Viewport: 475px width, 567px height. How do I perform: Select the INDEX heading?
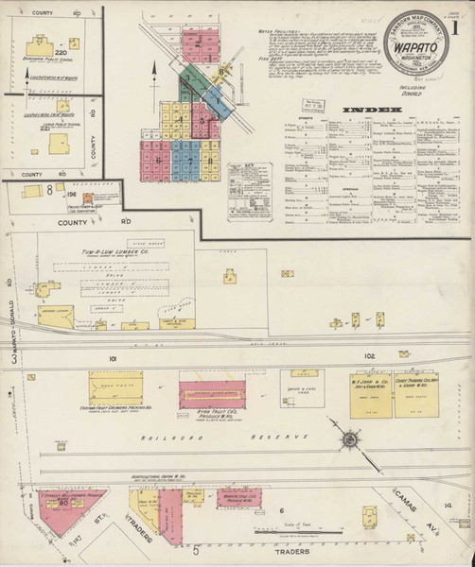(373, 112)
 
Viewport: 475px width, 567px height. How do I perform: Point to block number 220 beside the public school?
(62, 53)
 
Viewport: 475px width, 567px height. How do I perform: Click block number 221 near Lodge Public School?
(44, 129)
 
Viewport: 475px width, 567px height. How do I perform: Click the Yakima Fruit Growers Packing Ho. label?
(116, 411)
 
